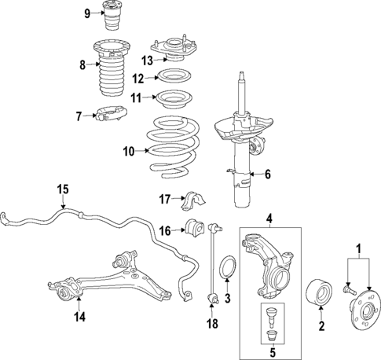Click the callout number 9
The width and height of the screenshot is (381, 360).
[x=88, y=13]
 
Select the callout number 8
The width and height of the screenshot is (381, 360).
[x=82, y=64]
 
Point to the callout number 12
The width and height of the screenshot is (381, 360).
[x=137, y=78]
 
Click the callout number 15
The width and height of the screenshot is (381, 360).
[x=63, y=189]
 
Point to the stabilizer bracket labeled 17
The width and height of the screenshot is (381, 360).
[x=192, y=203]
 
